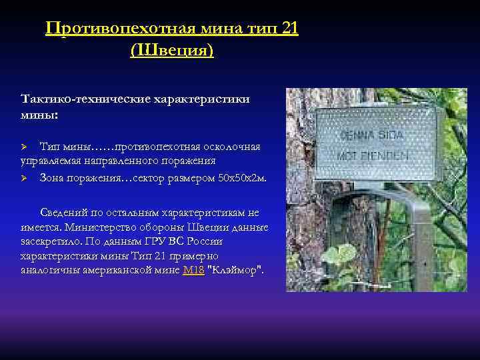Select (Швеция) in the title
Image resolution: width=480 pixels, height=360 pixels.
(x=173, y=50)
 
